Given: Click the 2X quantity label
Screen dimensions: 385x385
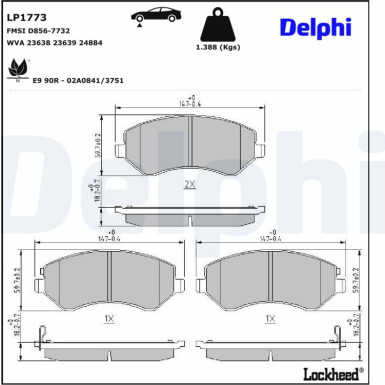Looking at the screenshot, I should click(x=189, y=184).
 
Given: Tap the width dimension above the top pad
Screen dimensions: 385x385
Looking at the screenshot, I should click(x=189, y=101).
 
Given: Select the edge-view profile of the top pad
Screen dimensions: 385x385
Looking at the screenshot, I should click(x=189, y=215).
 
